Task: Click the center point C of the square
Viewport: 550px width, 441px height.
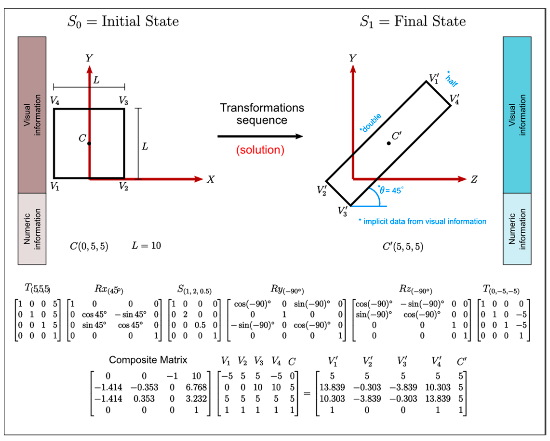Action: coord(89,143)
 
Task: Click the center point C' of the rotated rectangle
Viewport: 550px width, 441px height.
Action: coord(389,143)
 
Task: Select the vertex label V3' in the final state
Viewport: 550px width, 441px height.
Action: coord(343,211)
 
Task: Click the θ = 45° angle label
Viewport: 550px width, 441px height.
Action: coord(391,190)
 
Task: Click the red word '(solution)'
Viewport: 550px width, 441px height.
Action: coord(260,150)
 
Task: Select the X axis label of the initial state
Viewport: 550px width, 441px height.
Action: coord(211,179)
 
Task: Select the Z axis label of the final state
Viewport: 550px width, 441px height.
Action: coord(474,179)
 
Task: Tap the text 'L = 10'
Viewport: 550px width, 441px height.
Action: coord(146,246)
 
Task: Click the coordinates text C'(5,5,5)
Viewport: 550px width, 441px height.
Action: coord(403,246)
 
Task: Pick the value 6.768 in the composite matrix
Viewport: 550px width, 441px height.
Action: coord(196,387)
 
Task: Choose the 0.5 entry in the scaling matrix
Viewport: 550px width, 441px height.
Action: coord(200,325)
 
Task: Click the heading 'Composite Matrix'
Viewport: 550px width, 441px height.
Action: coord(148,360)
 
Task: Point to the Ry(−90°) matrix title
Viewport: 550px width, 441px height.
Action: coord(287,289)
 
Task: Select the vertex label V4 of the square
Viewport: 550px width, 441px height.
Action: coord(55,101)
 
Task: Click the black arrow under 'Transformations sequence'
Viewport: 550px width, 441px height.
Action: coord(260,136)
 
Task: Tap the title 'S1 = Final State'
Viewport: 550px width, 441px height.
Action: coord(412,21)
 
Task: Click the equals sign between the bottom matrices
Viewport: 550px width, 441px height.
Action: coord(307,394)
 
